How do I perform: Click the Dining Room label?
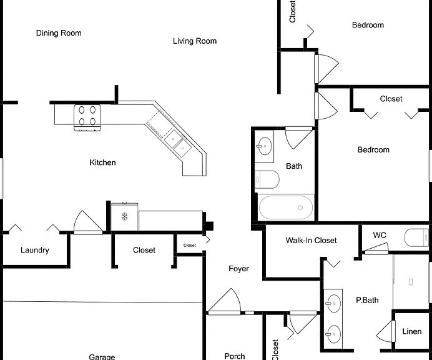point(59,33)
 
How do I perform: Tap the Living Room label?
point(195,41)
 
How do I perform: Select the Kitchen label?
point(102,162)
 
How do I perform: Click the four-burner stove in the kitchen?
point(87,117)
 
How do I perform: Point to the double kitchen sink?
point(178,144)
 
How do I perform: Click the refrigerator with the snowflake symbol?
point(124,216)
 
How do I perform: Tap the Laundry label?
point(35,250)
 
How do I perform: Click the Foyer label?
point(238,269)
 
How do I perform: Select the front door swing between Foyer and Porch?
point(225,301)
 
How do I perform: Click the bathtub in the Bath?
point(286,207)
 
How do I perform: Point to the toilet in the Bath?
point(267,179)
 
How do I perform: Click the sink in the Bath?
point(264,146)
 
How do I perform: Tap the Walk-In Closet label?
point(311,241)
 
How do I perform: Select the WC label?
point(380,235)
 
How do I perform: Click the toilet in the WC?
point(416,237)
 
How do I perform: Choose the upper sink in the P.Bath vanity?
point(333,304)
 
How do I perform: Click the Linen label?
point(412,331)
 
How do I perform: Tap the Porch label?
point(235,356)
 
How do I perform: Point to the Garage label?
point(102,357)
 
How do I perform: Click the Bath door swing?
point(299,137)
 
